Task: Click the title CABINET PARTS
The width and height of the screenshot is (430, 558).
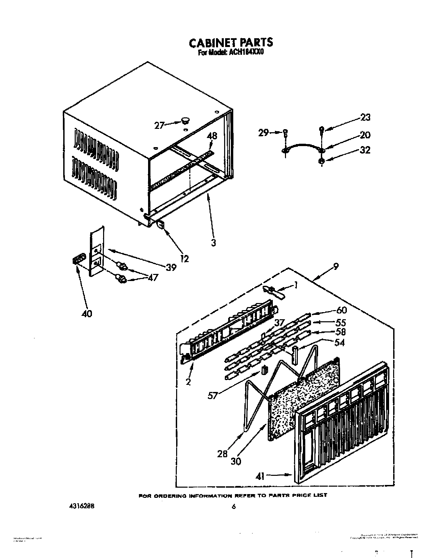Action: tap(230, 43)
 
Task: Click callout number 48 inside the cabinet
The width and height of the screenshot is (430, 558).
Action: tap(212, 136)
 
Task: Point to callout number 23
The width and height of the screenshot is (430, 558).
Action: tap(365, 117)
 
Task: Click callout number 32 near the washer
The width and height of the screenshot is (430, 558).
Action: tap(365, 149)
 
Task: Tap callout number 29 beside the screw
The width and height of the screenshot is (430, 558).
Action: tap(264, 133)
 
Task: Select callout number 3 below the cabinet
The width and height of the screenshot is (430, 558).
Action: tap(213, 242)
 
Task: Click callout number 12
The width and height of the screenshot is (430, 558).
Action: tap(184, 259)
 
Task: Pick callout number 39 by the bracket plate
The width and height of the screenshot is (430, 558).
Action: tap(171, 267)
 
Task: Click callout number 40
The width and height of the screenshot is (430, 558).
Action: tap(87, 314)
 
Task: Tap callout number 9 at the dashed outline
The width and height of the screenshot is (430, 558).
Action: tap(336, 267)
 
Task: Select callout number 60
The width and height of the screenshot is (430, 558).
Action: tap(341, 310)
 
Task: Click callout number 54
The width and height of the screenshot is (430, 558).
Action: tap(339, 343)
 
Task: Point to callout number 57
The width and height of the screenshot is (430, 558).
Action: tap(213, 395)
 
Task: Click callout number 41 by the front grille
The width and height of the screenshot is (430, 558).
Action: tap(260, 476)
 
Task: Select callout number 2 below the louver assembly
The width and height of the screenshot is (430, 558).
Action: tap(188, 382)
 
